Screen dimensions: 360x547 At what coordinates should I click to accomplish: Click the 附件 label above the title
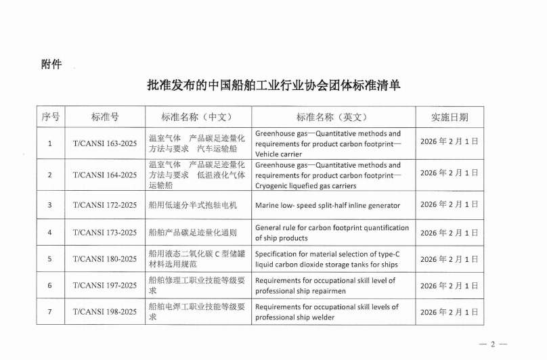coord(51,64)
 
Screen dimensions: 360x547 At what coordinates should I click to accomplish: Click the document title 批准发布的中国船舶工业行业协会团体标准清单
coord(273,86)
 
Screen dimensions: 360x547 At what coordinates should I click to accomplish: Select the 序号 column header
coord(50,116)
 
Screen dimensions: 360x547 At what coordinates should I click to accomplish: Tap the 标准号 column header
coord(105,116)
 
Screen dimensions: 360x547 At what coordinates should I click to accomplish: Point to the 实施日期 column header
coord(449,116)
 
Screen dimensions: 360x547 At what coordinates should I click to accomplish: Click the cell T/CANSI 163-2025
coord(105,143)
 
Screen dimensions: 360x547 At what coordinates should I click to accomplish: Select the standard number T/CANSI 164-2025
coord(105,175)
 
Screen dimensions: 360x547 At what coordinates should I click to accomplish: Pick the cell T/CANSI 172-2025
coord(105,205)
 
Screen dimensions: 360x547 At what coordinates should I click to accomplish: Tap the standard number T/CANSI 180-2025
coord(105,259)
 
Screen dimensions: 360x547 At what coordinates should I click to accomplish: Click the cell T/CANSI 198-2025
coord(105,311)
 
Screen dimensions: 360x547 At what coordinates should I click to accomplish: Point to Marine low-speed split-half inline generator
coord(327,205)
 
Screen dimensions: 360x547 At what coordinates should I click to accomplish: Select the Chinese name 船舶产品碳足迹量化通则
coord(193,233)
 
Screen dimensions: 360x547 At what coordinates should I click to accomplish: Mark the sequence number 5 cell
coord(49,259)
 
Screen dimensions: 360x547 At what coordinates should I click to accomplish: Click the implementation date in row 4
coord(449,233)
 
